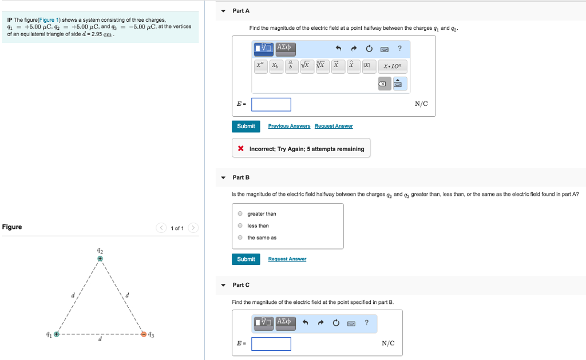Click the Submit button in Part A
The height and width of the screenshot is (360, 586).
pyautogui.click(x=246, y=126)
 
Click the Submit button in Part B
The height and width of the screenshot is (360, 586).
pyautogui.click(x=246, y=259)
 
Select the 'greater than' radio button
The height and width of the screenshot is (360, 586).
pyautogui.click(x=241, y=214)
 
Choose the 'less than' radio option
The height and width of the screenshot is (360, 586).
pyautogui.click(x=241, y=226)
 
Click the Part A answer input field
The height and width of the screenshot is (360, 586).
pyautogui.click(x=271, y=104)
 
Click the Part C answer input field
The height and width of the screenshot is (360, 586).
pyautogui.click(x=271, y=343)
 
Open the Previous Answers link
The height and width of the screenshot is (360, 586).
pyautogui.click(x=289, y=126)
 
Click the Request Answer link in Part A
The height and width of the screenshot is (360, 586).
pyautogui.click(x=334, y=126)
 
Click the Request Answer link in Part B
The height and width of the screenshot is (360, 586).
pyautogui.click(x=287, y=259)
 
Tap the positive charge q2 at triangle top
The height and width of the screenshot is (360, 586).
pyautogui.click(x=100, y=259)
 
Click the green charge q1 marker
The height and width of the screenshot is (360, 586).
pyautogui.click(x=56, y=334)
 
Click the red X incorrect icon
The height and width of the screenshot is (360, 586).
pyautogui.click(x=241, y=149)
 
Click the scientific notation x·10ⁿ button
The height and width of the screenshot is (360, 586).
pyautogui.click(x=394, y=66)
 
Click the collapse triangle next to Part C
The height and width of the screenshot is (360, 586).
pyautogui.click(x=223, y=285)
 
